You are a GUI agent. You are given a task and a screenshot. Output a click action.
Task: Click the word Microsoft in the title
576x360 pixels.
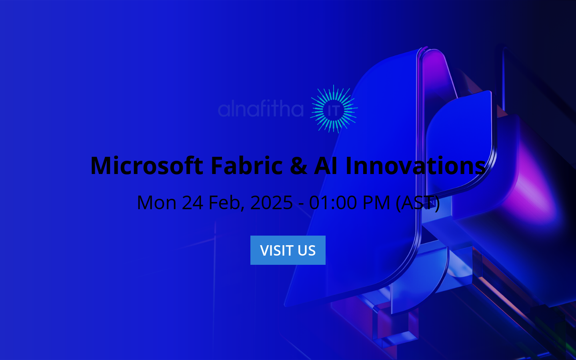pyautogui.click(x=147, y=166)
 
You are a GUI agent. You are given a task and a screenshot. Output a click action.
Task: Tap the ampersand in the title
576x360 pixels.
pyautogui.click(x=298, y=166)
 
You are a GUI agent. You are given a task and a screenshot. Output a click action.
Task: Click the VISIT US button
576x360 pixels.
pyautogui.click(x=288, y=250)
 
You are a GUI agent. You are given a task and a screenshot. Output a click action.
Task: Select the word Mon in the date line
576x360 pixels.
pyautogui.click(x=156, y=202)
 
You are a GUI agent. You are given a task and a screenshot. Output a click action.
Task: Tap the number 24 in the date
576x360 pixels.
pyautogui.click(x=193, y=202)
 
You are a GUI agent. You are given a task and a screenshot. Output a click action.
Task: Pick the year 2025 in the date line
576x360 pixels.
pyautogui.click(x=272, y=202)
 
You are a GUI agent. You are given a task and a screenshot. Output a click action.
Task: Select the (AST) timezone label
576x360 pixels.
pyautogui.click(x=418, y=202)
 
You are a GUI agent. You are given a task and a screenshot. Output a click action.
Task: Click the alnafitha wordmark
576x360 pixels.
pyautogui.click(x=261, y=109)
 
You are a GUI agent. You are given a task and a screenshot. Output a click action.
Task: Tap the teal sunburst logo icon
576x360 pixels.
pyautogui.click(x=334, y=108)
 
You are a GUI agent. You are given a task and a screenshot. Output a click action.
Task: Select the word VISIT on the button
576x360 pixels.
pyautogui.click(x=276, y=250)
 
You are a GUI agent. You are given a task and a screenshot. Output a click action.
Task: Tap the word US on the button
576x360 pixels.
pyautogui.click(x=306, y=250)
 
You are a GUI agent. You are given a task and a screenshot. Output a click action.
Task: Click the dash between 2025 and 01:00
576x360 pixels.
pyautogui.click(x=301, y=203)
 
